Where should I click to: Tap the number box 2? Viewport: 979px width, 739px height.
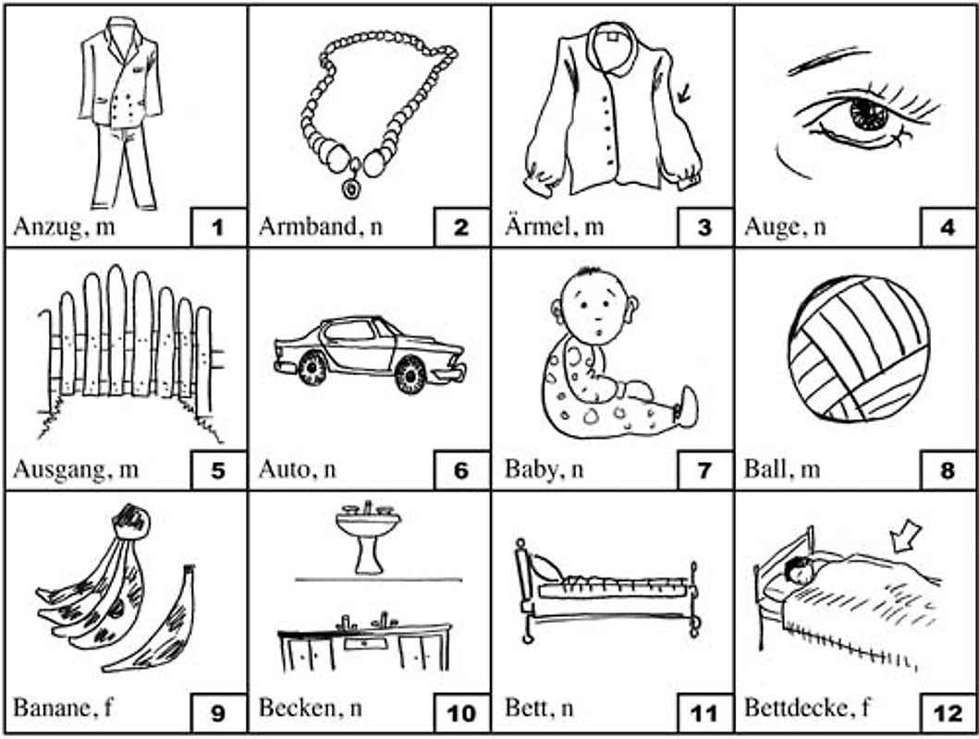pos(460,227)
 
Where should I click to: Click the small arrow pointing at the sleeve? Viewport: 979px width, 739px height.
pos(684,93)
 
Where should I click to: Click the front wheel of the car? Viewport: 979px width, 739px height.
pos(312,368)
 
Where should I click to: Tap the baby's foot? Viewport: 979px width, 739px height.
pos(687,407)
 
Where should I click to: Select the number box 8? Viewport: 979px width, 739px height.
pos(948,470)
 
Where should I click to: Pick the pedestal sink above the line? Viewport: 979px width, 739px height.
pos(368,538)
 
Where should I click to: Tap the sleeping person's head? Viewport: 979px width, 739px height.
pos(799,570)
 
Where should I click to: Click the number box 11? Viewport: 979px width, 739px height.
pos(704,713)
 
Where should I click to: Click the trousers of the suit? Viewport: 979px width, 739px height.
pos(123,167)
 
